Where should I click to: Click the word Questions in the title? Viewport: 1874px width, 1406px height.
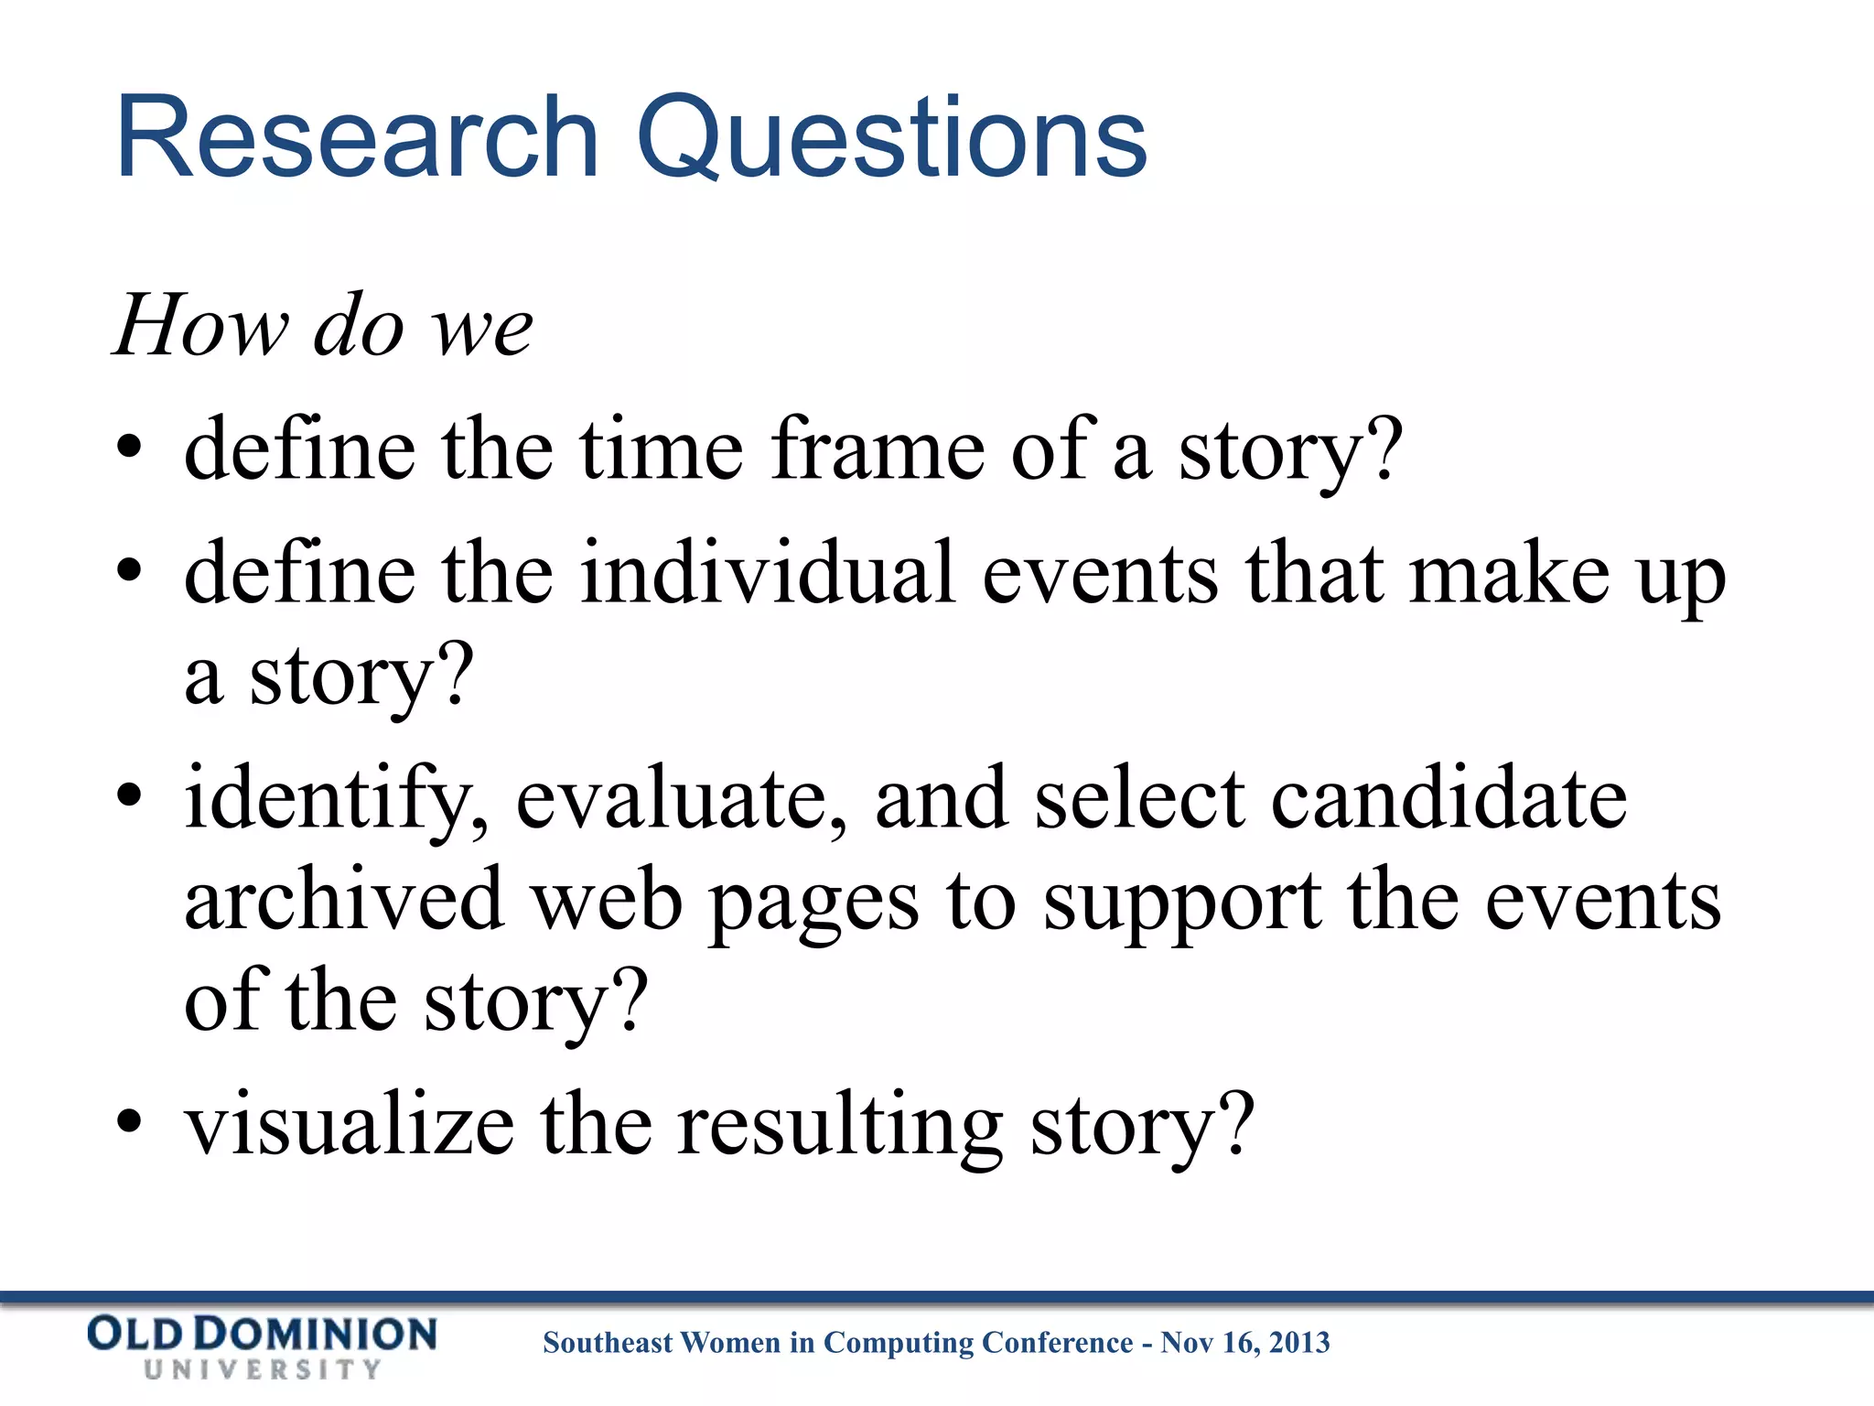click(x=892, y=139)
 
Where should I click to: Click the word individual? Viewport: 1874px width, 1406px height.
click(x=768, y=573)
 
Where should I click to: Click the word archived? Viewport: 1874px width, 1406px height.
click(x=344, y=900)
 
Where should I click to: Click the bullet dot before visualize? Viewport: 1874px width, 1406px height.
click(x=130, y=1121)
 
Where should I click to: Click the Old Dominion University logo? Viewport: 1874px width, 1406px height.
click(x=262, y=1347)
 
